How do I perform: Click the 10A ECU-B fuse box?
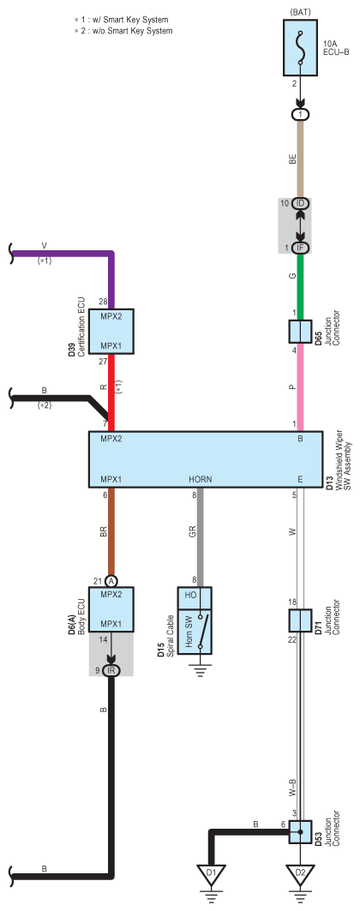(x=300, y=47)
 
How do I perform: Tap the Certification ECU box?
(x=111, y=331)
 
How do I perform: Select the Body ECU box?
(x=111, y=609)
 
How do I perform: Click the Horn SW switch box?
(x=195, y=620)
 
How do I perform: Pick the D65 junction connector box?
(x=300, y=331)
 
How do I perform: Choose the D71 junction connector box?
(x=300, y=620)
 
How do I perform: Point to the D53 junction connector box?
(x=300, y=832)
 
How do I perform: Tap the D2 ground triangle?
(x=300, y=872)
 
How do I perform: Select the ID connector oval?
(x=300, y=203)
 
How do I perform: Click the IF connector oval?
(x=300, y=248)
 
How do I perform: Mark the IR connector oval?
(x=111, y=670)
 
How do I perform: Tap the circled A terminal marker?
(x=111, y=580)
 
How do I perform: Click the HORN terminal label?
(x=201, y=479)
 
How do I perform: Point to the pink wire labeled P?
(x=300, y=387)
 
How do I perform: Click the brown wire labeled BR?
(x=111, y=530)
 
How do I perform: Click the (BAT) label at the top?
(x=300, y=11)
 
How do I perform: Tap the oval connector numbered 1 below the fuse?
(x=300, y=115)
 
